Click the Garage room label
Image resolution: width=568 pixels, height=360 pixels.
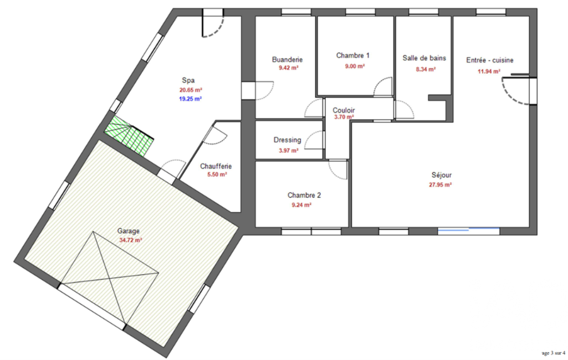point(128,231)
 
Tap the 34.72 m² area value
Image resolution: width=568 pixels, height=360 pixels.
point(130,240)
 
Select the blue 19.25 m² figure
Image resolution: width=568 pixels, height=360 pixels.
point(191,99)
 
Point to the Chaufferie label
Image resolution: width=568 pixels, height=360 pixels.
point(216,166)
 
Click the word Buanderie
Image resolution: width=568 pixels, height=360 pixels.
point(287,59)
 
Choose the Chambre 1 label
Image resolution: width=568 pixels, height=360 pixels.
point(353,55)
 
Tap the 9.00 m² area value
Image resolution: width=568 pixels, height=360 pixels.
point(355,66)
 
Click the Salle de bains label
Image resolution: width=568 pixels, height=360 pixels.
point(424,58)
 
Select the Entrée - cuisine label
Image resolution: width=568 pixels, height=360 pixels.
point(490,60)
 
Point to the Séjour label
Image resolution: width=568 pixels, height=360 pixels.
point(442,175)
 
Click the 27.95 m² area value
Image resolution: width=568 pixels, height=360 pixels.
point(441,185)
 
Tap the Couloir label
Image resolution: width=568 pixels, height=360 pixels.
point(344,110)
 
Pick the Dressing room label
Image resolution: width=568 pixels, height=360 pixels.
point(287,140)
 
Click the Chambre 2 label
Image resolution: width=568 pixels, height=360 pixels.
point(304,195)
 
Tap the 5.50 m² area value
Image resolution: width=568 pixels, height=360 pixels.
point(217,174)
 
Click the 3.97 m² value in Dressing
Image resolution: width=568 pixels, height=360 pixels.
point(289,150)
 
